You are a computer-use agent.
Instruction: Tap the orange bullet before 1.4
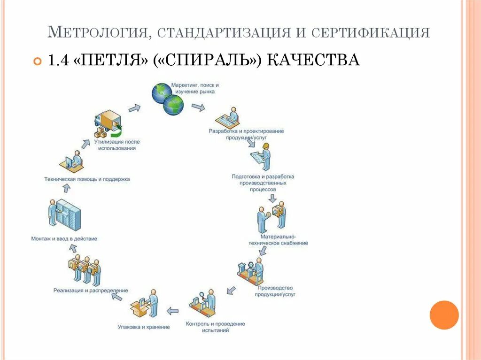pos(38,61)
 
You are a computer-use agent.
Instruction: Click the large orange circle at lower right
pos(444,315)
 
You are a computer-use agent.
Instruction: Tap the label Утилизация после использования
pos(117,145)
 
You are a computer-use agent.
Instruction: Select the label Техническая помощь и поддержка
pos(87,179)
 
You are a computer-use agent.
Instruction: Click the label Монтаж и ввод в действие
pos(64,238)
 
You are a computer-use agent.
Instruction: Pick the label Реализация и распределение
pos(91,291)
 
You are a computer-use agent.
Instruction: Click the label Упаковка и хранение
pos(144,327)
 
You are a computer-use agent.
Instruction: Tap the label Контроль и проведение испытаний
pos(215,327)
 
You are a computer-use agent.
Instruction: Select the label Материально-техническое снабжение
pos(278,240)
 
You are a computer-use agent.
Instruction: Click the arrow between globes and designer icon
pos(198,107)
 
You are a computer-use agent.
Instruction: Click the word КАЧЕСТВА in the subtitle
pos(314,60)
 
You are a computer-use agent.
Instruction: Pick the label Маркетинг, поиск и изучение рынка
pos(194,89)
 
